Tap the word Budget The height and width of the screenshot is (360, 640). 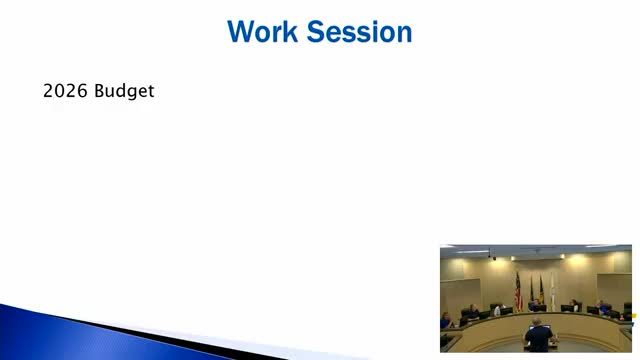coord(125,92)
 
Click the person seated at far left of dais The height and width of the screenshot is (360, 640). coord(446,320)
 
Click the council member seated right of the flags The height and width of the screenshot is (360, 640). coord(574,305)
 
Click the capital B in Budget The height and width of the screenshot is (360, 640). coord(101,92)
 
